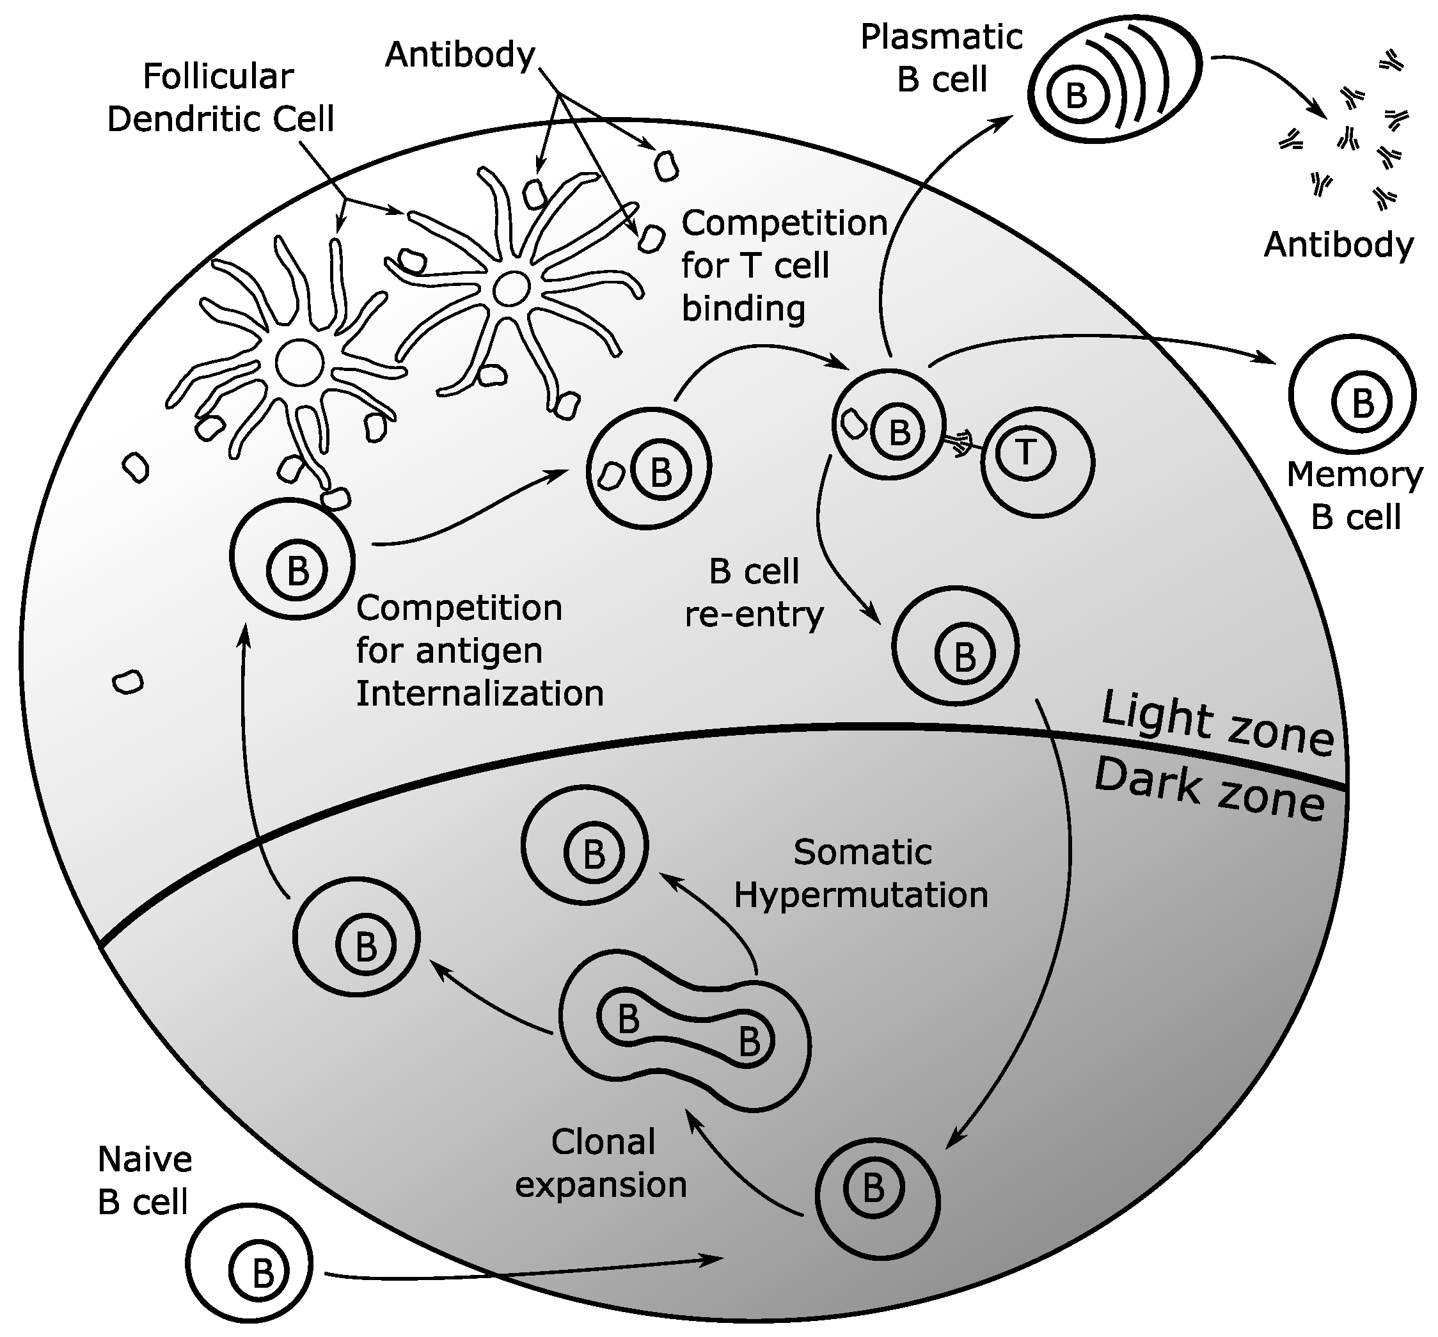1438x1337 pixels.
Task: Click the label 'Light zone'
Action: tap(1217, 725)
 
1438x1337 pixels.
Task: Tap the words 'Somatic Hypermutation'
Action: tap(861, 874)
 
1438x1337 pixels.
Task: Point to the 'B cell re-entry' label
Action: tap(754, 593)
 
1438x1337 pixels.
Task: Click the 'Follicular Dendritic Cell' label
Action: tap(220, 98)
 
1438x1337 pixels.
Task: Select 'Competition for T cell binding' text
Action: tap(784, 265)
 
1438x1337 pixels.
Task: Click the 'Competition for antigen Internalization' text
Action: tap(479, 651)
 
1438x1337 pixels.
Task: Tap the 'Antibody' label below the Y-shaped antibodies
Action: tap(1338, 245)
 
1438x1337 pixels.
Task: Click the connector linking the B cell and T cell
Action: tap(961, 442)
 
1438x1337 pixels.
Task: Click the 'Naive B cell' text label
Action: tap(145, 1181)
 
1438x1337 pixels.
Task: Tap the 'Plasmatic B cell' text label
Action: tap(942, 58)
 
